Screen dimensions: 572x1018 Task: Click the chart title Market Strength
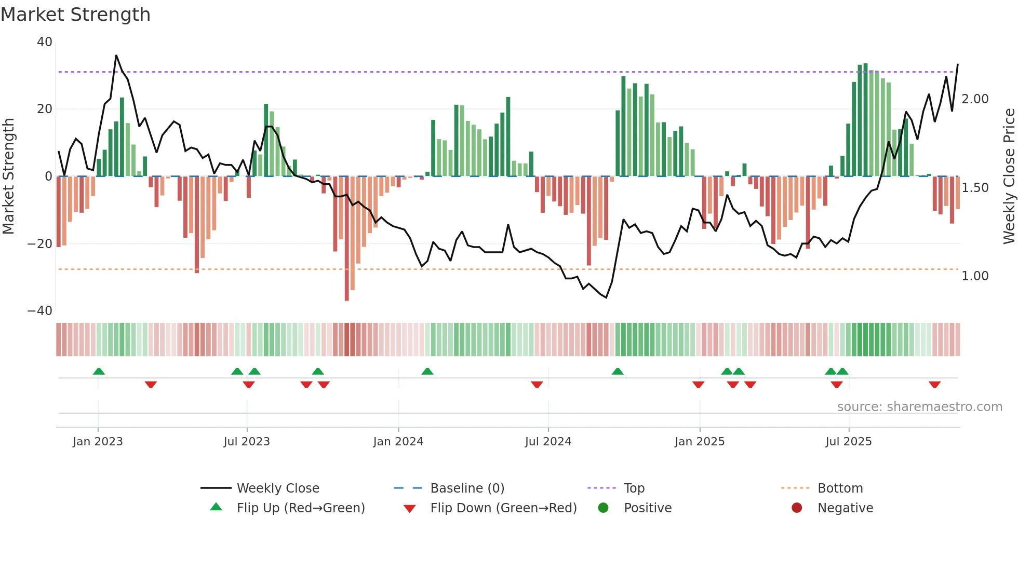pos(75,15)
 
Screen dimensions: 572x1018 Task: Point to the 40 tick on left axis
pos(45,42)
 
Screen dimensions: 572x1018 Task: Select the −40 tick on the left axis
pos(40,311)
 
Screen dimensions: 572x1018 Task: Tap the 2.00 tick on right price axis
pos(975,99)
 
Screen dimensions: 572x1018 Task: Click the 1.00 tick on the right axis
pos(975,276)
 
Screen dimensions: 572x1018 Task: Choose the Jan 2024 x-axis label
pos(398,442)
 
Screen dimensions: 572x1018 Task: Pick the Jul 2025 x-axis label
pos(848,442)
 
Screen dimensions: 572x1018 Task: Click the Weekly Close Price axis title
pos(1009,176)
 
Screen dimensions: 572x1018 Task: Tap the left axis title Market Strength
pos(8,176)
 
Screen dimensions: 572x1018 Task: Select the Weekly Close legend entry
pos(277,488)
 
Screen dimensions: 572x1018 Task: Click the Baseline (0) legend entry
pos(467,488)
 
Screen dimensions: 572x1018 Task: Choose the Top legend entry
pos(634,488)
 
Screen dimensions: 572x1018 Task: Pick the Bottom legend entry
pos(840,488)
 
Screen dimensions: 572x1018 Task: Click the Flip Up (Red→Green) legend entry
pos(300,508)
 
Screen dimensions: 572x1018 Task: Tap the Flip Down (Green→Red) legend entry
pos(503,508)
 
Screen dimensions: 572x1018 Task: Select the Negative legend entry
pos(845,508)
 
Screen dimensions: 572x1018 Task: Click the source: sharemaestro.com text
pos(919,407)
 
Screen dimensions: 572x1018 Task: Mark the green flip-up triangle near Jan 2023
pos(99,372)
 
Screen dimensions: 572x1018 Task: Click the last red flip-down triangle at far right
pos(934,385)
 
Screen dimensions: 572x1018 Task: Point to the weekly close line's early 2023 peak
pos(116,56)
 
